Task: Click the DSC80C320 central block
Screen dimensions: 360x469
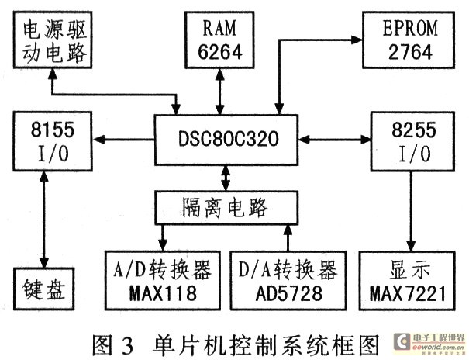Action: (225, 140)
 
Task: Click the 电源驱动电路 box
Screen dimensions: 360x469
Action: (53, 42)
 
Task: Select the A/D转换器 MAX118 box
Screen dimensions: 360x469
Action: (160, 281)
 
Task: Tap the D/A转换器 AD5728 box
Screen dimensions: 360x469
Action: (287, 281)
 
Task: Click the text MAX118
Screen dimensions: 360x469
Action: (160, 292)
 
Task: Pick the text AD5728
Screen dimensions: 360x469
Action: (287, 292)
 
